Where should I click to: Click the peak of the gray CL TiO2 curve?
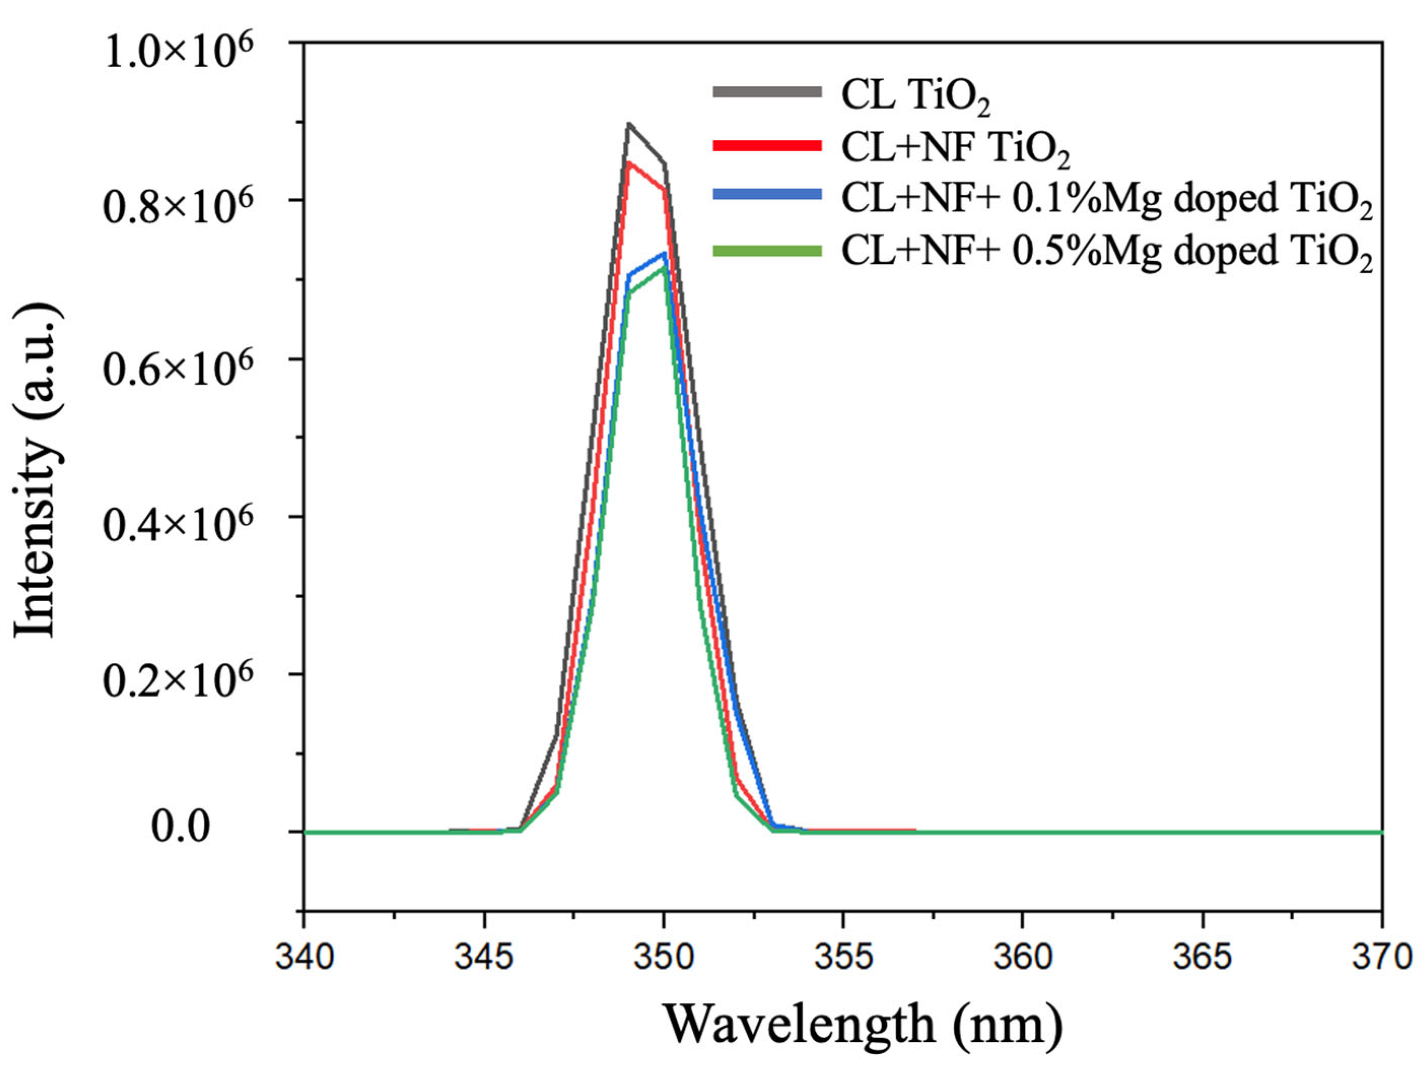pos(628,123)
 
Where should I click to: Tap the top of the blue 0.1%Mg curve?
pos(665,253)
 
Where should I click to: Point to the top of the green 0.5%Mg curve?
pos(663,267)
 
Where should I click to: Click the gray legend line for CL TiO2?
pos(767,92)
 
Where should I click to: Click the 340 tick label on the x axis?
pos(304,956)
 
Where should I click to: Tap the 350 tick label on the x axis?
pos(664,956)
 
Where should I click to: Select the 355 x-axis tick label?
pos(843,956)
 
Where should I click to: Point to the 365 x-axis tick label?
pos(1202,956)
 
